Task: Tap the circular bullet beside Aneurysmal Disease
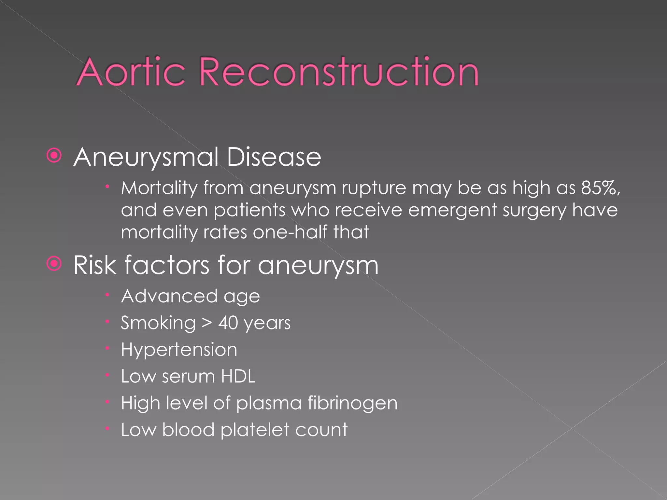[54, 156]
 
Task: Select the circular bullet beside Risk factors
[54, 263]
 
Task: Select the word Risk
[95, 265]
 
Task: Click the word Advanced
[169, 296]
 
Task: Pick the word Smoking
[158, 323]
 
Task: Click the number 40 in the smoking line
[228, 323]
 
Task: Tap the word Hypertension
[179, 350]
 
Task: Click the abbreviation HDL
[238, 376]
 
